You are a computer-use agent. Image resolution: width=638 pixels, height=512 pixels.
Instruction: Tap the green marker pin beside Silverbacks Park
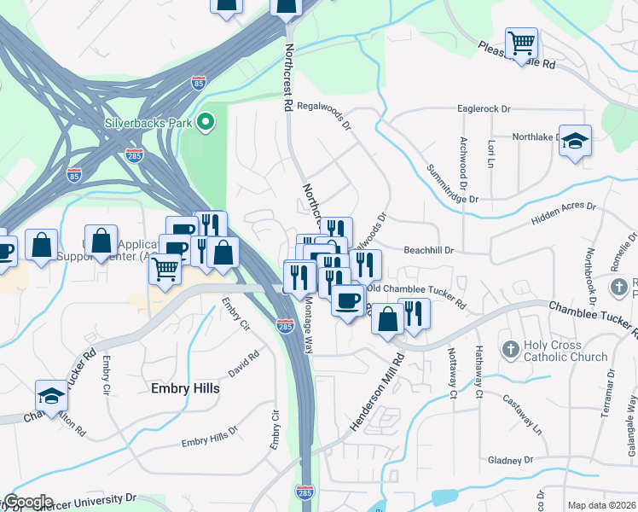[205, 123]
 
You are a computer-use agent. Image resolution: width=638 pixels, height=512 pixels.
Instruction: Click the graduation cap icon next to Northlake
[576, 142]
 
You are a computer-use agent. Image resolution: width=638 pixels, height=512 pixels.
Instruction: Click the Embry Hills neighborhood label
[185, 388]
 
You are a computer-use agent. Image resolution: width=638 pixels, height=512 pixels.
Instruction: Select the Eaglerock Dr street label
[483, 109]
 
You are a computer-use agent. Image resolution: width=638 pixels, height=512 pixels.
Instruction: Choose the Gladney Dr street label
[510, 460]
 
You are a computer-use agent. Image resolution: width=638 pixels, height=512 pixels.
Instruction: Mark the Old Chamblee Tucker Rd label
[417, 297]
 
